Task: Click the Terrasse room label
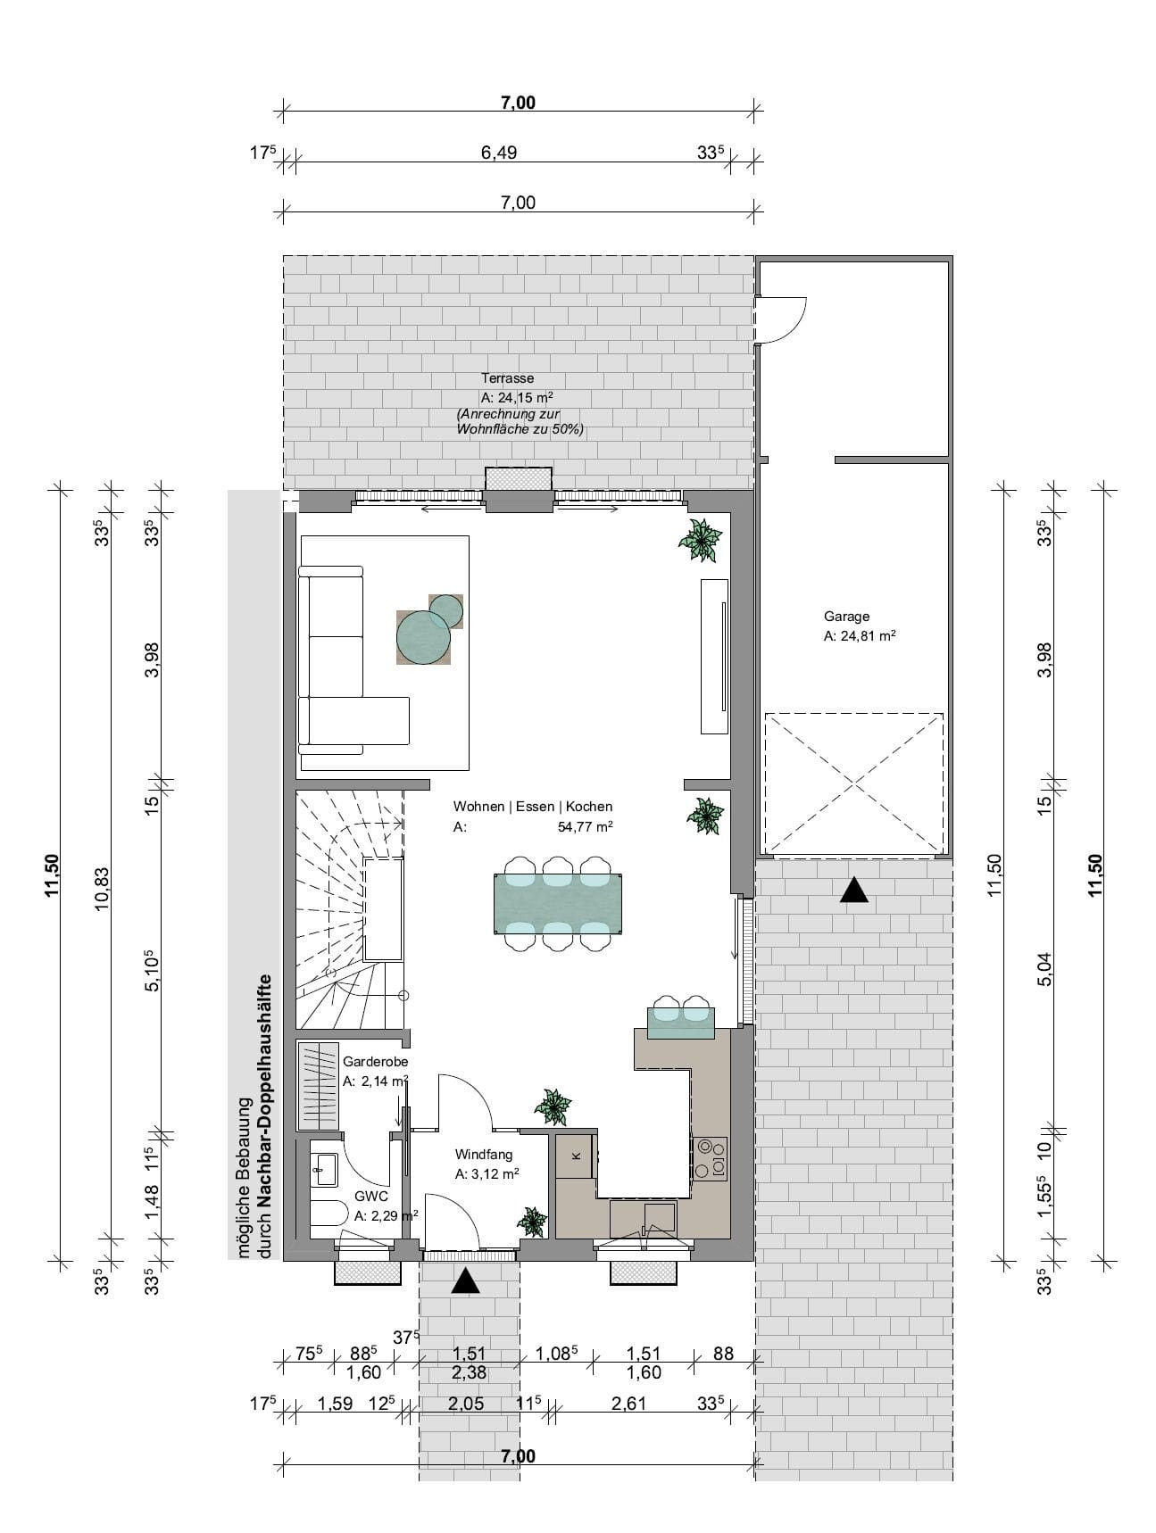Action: (507, 378)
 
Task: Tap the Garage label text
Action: (846, 616)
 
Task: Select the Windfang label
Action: (484, 1155)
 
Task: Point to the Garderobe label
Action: (376, 1062)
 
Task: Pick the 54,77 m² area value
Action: (585, 827)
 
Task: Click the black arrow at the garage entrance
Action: (854, 890)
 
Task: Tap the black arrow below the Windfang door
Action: (465, 1281)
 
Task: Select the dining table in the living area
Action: (558, 904)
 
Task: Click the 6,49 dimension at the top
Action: (499, 153)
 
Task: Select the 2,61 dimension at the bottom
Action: (628, 1404)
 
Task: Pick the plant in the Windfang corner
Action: (533, 1222)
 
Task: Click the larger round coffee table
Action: (424, 636)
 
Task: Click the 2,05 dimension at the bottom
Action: (466, 1404)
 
